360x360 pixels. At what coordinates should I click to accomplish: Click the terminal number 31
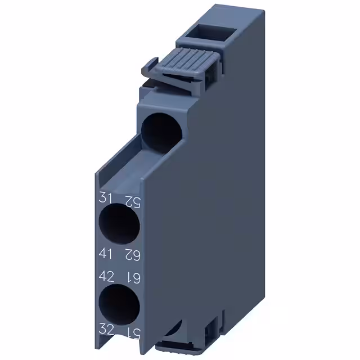105,197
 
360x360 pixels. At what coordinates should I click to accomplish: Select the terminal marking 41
106,253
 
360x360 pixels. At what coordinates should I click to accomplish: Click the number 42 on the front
106,277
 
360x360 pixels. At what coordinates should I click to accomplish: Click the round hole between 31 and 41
119,224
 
